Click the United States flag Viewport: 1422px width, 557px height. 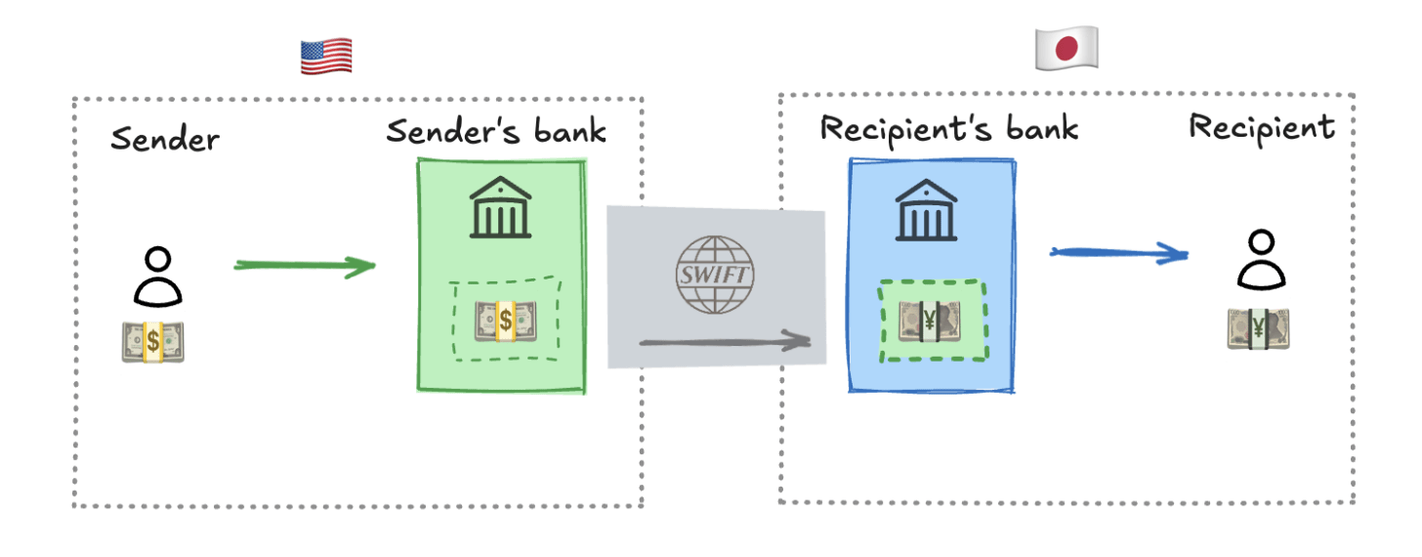click(x=325, y=57)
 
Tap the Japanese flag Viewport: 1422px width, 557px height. click(x=1066, y=48)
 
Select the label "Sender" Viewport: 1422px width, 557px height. click(x=165, y=138)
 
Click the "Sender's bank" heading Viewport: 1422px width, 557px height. click(x=496, y=131)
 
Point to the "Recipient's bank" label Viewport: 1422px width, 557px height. click(x=948, y=128)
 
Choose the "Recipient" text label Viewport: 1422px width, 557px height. click(x=1261, y=127)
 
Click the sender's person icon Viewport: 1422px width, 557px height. click(x=157, y=277)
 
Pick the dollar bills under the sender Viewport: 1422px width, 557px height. click(x=154, y=341)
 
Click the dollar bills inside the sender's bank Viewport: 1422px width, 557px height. click(x=505, y=321)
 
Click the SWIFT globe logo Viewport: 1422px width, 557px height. click(x=715, y=275)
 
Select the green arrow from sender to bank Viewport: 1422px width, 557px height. click(x=305, y=265)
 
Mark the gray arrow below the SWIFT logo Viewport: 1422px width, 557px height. click(x=725, y=341)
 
